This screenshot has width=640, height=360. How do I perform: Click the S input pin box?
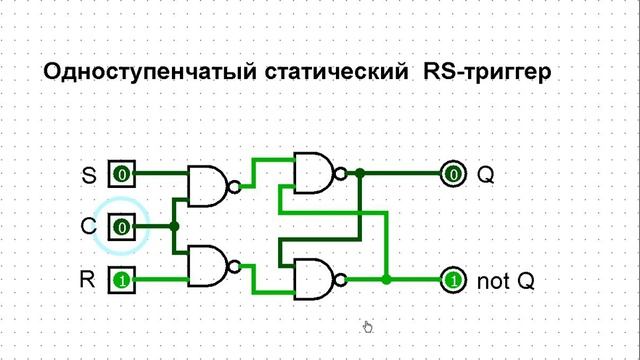121,175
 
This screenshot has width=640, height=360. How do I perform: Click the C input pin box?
121,227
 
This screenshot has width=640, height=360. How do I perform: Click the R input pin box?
121,279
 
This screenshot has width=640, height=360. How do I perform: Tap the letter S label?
88,176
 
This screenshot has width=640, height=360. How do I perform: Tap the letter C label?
88,227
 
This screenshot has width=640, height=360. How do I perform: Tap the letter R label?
88,279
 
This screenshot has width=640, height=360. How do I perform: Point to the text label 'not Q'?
505,281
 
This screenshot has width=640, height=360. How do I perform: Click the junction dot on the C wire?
174,227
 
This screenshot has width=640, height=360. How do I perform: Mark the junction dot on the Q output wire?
361,174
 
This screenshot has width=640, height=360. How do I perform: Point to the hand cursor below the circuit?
367,326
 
